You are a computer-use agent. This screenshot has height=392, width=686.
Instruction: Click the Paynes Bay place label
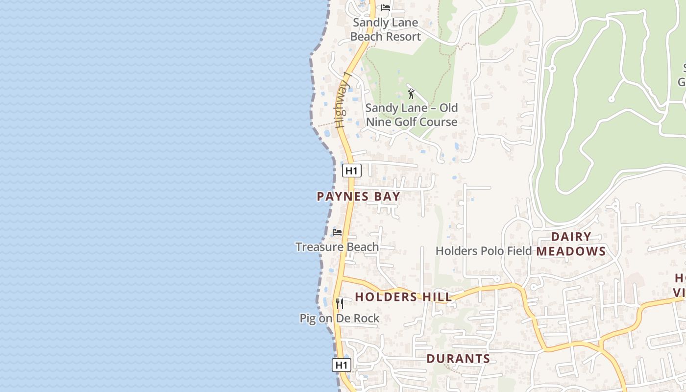click(358, 196)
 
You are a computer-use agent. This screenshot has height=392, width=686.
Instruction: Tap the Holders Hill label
click(403, 296)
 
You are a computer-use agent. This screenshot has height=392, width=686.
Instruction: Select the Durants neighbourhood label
click(458, 358)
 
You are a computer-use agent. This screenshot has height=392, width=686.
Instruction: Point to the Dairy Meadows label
click(571, 244)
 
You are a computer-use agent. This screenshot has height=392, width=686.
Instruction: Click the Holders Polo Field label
click(484, 251)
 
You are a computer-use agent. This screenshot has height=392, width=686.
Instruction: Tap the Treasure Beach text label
click(337, 246)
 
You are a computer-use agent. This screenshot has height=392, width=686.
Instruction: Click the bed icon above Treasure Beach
click(337, 232)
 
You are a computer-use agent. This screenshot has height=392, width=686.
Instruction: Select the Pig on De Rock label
click(340, 318)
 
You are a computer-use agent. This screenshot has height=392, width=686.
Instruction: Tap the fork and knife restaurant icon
click(339, 304)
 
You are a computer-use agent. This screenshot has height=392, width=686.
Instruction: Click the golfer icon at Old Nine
click(411, 94)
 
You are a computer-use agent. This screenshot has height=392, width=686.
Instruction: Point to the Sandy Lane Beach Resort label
click(386, 29)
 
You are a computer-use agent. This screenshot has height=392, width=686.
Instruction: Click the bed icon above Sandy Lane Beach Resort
click(386, 8)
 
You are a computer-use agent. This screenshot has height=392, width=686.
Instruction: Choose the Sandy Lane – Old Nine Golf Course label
click(412, 115)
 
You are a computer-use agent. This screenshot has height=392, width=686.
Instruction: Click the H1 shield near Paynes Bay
click(351, 171)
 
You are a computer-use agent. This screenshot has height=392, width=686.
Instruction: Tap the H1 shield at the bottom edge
click(341, 365)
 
